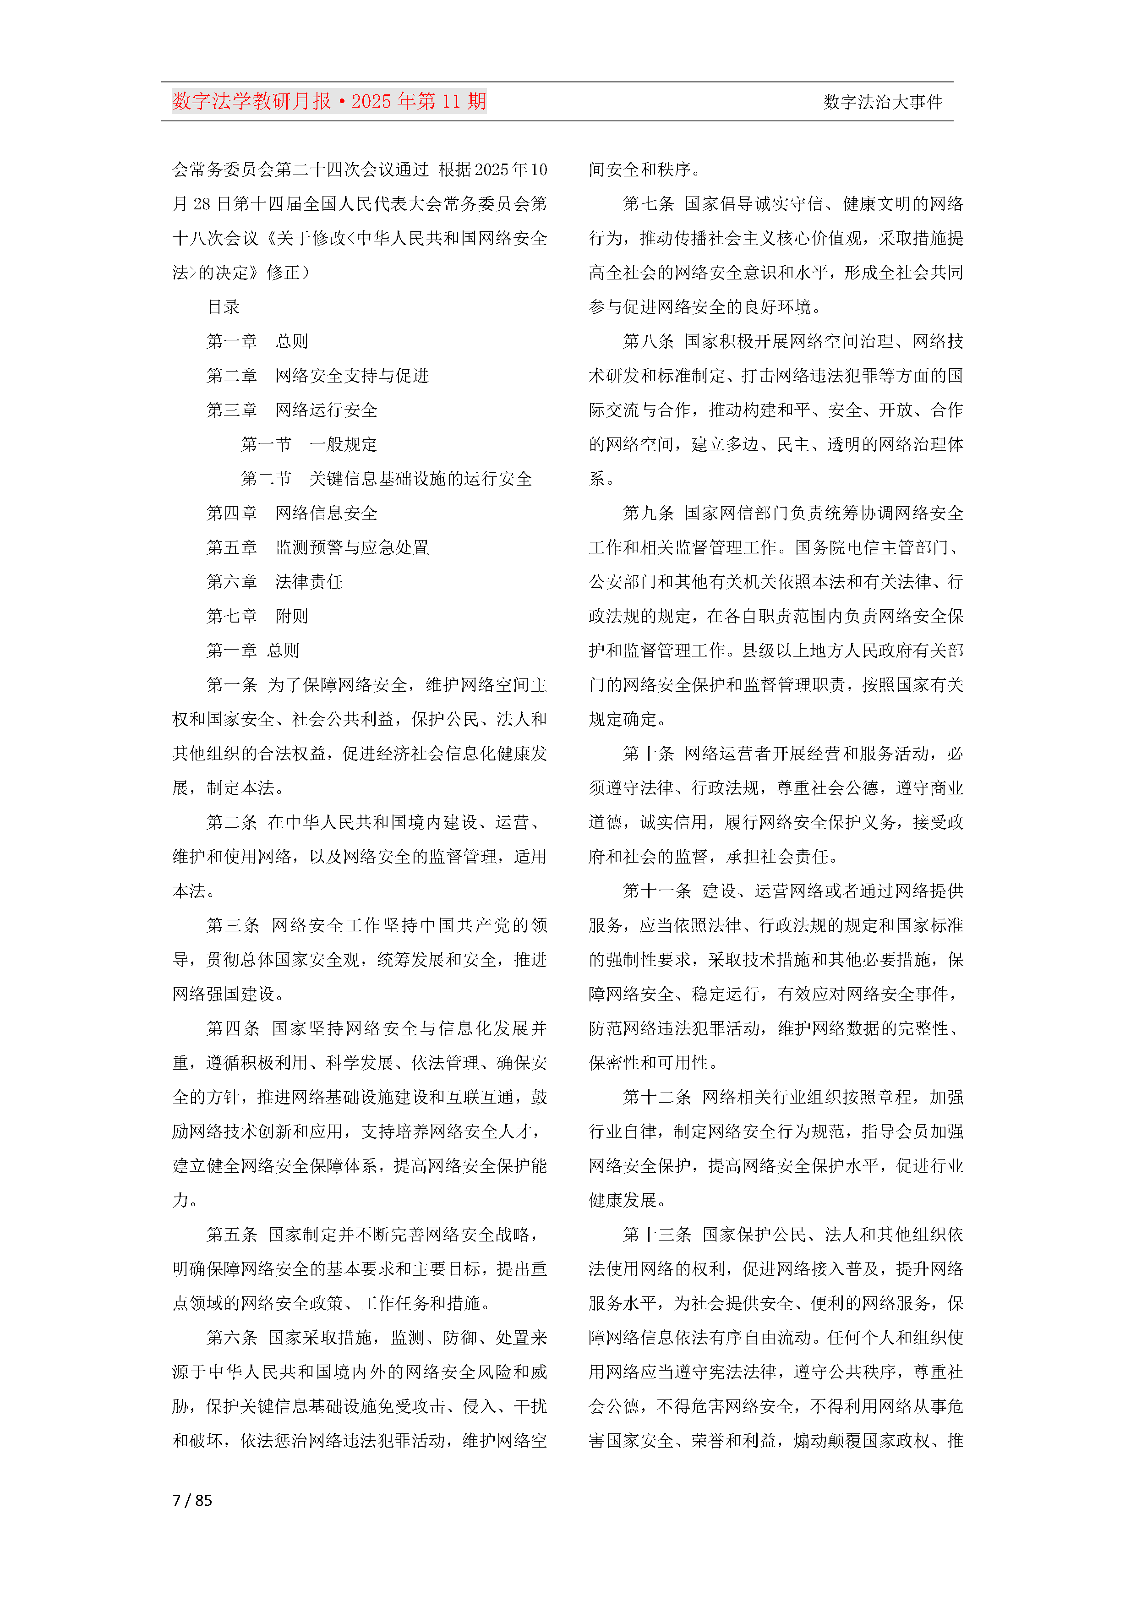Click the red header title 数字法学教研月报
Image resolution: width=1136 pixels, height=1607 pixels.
pyautogui.click(x=252, y=102)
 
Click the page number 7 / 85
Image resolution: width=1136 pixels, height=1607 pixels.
pyautogui.click(x=192, y=1500)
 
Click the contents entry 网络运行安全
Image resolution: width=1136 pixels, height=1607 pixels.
pyautogui.click(x=326, y=410)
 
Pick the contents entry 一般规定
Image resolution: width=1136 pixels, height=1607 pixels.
pyautogui.click(x=343, y=444)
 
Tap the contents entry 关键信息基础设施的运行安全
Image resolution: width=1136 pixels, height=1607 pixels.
pyautogui.click(x=420, y=479)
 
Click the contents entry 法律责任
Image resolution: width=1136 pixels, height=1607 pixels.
pyautogui.click(x=309, y=582)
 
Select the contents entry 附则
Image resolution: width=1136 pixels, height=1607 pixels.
pyautogui.click(x=291, y=616)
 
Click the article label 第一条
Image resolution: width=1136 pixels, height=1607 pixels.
pyautogui.click(x=232, y=684)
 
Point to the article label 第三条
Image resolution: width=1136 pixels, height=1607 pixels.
pyautogui.click(x=232, y=925)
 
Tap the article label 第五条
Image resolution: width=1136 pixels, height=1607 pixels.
pyautogui.click(x=232, y=1235)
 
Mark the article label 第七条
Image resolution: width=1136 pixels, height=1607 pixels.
pyautogui.click(x=648, y=204)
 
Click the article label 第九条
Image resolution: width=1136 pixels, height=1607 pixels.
pyautogui.click(x=648, y=513)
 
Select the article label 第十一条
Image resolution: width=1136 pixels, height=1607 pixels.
pyautogui.click(x=656, y=891)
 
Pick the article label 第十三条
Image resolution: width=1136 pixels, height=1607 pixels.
pyautogui.click(x=656, y=1235)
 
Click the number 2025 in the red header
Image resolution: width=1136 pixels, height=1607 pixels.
pyautogui.click(x=371, y=102)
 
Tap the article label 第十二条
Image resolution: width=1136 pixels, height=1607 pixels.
pyautogui.click(x=656, y=1097)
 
